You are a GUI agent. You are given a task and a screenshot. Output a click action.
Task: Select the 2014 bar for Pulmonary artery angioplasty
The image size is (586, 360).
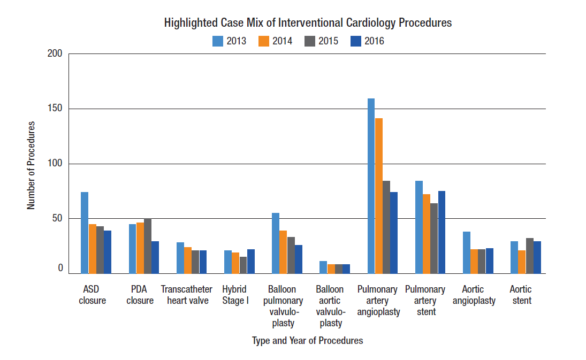pyautogui.click(x=379, y=196)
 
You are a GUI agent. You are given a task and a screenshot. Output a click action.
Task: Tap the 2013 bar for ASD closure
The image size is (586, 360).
pyautogui.click(x=85, y=233)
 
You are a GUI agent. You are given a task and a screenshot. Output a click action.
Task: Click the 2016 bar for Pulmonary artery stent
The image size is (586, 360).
pyautogui.click(x=442, y=232)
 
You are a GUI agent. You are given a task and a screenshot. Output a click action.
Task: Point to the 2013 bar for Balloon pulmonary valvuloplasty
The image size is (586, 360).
pyautogui.click(x=276, y=243)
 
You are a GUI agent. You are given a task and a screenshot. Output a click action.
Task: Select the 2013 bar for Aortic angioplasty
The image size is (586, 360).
pyautogui.click(x=467, y=252)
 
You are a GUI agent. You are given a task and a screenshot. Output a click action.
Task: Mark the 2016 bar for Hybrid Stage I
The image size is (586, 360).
pyautogui.click(x=251, y=261)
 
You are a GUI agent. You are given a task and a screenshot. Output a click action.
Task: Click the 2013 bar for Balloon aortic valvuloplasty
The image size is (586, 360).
pyautogui.click(x=323, y=267)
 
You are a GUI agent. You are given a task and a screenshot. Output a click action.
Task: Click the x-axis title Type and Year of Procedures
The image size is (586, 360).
pyautogui.click(x=307, y=340)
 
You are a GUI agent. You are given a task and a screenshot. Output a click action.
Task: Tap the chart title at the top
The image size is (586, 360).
pyautogui.click(x=308, y=23)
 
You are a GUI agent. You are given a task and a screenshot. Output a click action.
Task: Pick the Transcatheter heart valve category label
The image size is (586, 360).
pyautogui.click(x=187, y=295)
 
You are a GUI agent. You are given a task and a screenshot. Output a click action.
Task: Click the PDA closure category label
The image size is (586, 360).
pyautogui.click(x=140, y=295)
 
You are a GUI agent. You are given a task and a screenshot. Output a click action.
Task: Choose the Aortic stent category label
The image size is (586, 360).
pyautogui.click(x=521, y=295)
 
